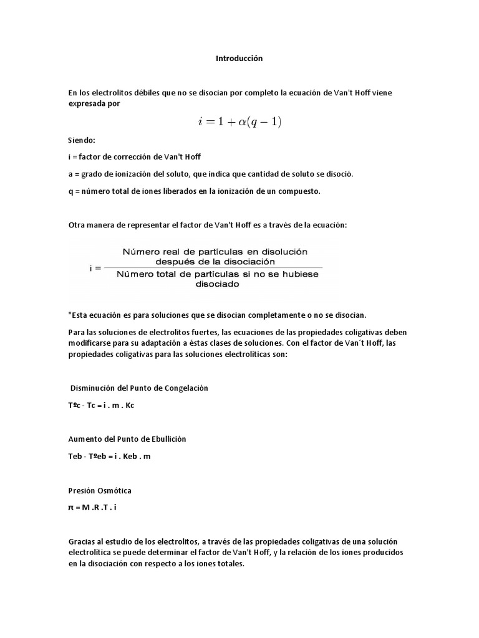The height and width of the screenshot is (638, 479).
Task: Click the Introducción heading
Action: pyautogui.click(x=239, y=59)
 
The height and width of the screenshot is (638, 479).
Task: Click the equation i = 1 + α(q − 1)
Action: pyautogui.click(x=239, y=122)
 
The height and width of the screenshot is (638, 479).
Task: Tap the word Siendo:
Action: pyautogui.click(x=82, y=141)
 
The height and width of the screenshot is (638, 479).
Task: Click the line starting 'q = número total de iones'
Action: pyautogui.click(x=193, y=191)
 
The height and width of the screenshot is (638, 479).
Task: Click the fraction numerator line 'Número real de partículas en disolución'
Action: pyautogui.click(x=215, y=252)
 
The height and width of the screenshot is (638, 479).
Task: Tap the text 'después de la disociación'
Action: pyautogui.click(x=215, y=262)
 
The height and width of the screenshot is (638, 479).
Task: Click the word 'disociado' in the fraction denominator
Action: pyautogui.click(x=215, y=283)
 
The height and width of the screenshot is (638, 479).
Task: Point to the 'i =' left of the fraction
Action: pyautogui.click(x=96, y=269)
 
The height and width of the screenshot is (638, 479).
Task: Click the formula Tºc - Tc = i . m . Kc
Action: pyautogui.click(x=101, y=406)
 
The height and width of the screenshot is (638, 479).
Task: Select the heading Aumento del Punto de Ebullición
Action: pyautogui.click(x=127, y=439)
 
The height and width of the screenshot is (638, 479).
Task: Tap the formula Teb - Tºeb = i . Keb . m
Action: pyautogui.click(x=109, y=456)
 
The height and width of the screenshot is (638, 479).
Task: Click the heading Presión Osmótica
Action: pyautogui.click(x=100, y=490)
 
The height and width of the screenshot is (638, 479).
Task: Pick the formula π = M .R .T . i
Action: pyautogui.click(x=92, y=507)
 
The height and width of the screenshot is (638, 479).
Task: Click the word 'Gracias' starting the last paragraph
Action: pyautogui.click(x=81, y=541)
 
